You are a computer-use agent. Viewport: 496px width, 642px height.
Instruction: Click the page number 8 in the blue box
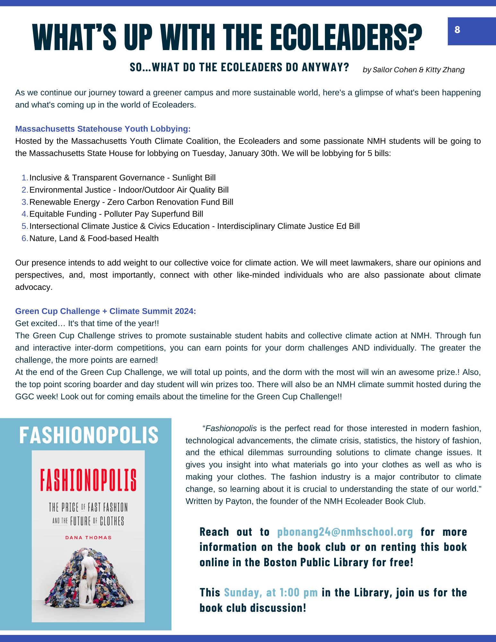[457, 30]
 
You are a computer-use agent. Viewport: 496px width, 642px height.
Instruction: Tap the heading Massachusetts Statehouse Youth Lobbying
[103, 129]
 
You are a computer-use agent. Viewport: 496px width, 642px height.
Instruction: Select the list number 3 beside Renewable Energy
[25, 202]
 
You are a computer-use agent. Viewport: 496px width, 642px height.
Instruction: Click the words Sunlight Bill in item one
[194, 178]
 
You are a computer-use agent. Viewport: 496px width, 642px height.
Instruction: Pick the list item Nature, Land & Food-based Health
[94, 239]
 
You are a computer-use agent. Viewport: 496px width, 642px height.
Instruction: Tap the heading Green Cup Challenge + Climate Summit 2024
[105, 311]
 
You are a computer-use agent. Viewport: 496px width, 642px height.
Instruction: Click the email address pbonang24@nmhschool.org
[345, 532]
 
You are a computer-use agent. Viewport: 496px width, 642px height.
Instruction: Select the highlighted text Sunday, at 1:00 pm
[271, 592]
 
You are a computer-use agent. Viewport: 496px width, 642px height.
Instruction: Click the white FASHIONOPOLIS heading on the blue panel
[89, 435]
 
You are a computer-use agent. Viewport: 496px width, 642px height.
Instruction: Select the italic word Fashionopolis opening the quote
[231, 429]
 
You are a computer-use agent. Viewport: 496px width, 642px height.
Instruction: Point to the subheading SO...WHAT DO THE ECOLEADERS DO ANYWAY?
[239, 67]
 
